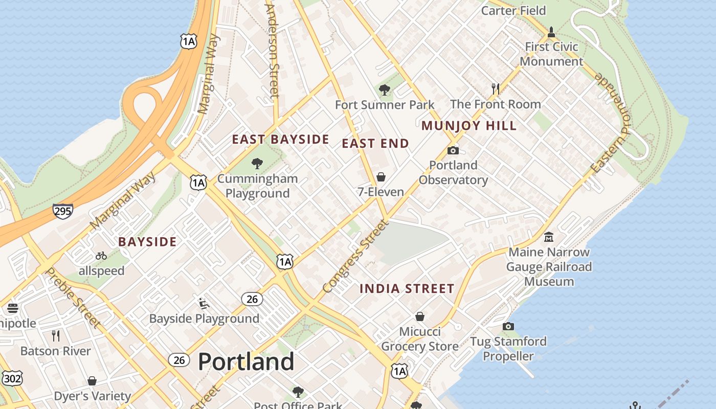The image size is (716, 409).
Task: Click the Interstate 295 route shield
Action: [62, 211]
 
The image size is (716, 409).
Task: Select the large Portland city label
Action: [246, 362]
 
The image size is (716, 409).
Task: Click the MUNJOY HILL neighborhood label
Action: [469, 126]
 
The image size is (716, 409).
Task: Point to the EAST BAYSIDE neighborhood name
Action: [280, 139]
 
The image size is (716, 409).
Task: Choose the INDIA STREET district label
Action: [407, 289]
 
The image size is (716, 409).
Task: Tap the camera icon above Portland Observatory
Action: [453, 150]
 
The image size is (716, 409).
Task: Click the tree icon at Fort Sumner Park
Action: [385, 90]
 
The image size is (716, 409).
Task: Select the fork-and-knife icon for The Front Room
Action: [495, 89]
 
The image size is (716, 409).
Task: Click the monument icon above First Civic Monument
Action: [551, 32]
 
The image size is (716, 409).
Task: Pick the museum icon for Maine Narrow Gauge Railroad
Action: [549, 237]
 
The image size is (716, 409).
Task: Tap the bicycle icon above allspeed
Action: [101, 256]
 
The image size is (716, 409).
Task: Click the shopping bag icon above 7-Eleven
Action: [381, 177]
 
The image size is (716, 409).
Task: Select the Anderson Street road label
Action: [273, 50]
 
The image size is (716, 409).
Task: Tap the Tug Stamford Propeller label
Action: [508, 349]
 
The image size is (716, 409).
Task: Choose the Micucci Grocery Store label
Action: [420, 339]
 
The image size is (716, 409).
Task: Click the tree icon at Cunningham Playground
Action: [257, 164]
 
